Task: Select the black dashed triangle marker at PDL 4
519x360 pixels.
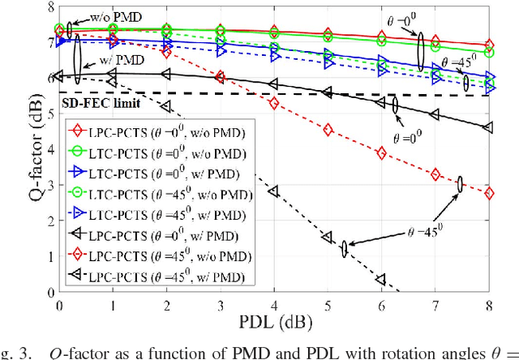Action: (273, 191)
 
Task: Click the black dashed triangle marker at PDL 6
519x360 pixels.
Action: (381, 280)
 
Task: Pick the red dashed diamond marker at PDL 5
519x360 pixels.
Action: (328, 130)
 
